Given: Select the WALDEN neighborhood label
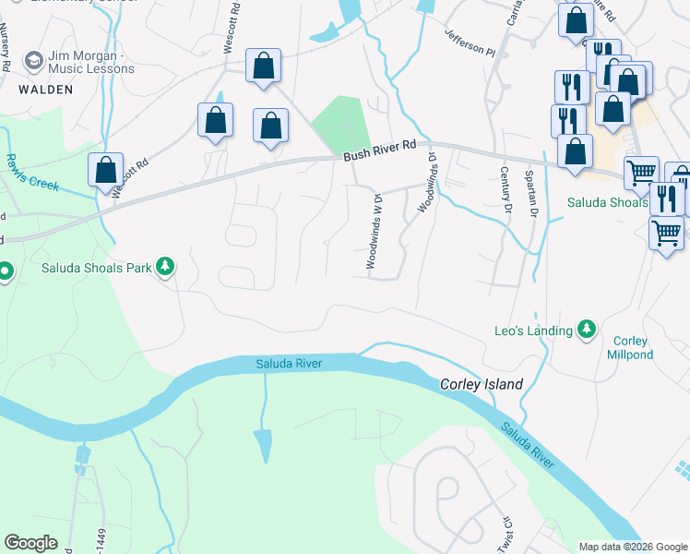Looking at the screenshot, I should (x=44, y=89).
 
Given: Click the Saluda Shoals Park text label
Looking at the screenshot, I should (x=96, y=268).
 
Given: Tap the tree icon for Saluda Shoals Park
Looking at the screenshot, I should (x=165, y=267).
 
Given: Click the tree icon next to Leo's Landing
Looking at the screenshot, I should (x=585, y=329).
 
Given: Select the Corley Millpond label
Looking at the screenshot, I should (x=631, y=348).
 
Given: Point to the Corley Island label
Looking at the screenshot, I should (x=482, y=384).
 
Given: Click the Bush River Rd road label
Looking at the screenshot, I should (x=380, y=151).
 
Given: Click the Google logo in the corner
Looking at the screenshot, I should (x=30, y=543).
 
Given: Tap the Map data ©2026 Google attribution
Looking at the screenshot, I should (x=633, y=547).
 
